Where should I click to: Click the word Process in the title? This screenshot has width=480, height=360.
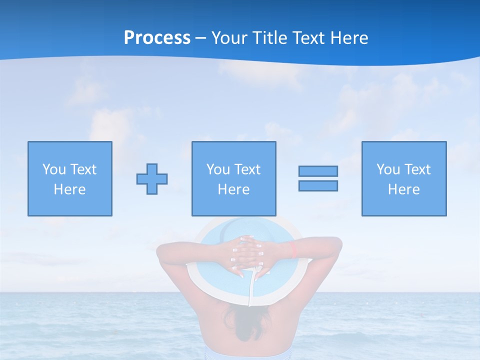point(157,38)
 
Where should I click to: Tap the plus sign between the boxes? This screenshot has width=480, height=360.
point(152,179)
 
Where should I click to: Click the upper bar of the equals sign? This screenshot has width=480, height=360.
point(318,171)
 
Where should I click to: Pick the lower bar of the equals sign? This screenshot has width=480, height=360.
point(318,185)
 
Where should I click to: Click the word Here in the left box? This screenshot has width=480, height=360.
point(69,189)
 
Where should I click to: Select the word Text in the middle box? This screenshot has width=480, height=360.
point(247,169)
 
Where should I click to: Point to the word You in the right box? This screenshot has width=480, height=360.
point(388,169)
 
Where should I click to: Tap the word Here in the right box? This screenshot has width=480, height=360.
point(403,189)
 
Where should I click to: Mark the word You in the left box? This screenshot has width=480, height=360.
point(54,169)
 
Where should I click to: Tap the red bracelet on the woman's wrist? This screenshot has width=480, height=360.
point(293,250)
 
